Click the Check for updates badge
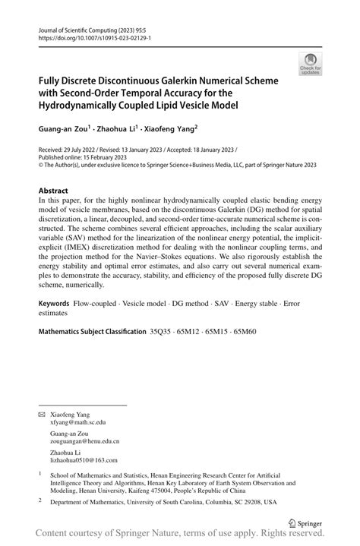(309, 64)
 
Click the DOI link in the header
(90, 37)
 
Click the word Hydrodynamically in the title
(94, 106)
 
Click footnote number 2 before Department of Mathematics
(40, 500)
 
